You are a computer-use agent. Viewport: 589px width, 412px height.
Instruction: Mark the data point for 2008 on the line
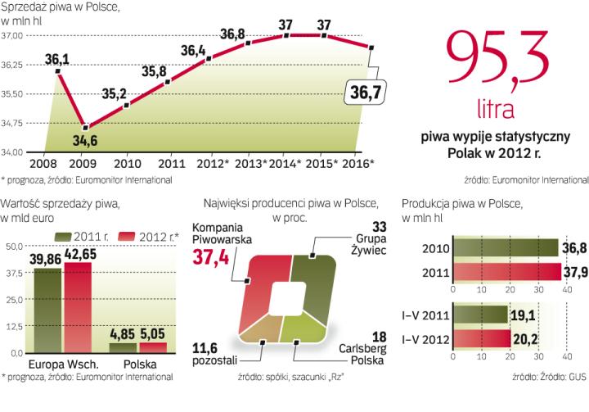click(59, 72)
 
